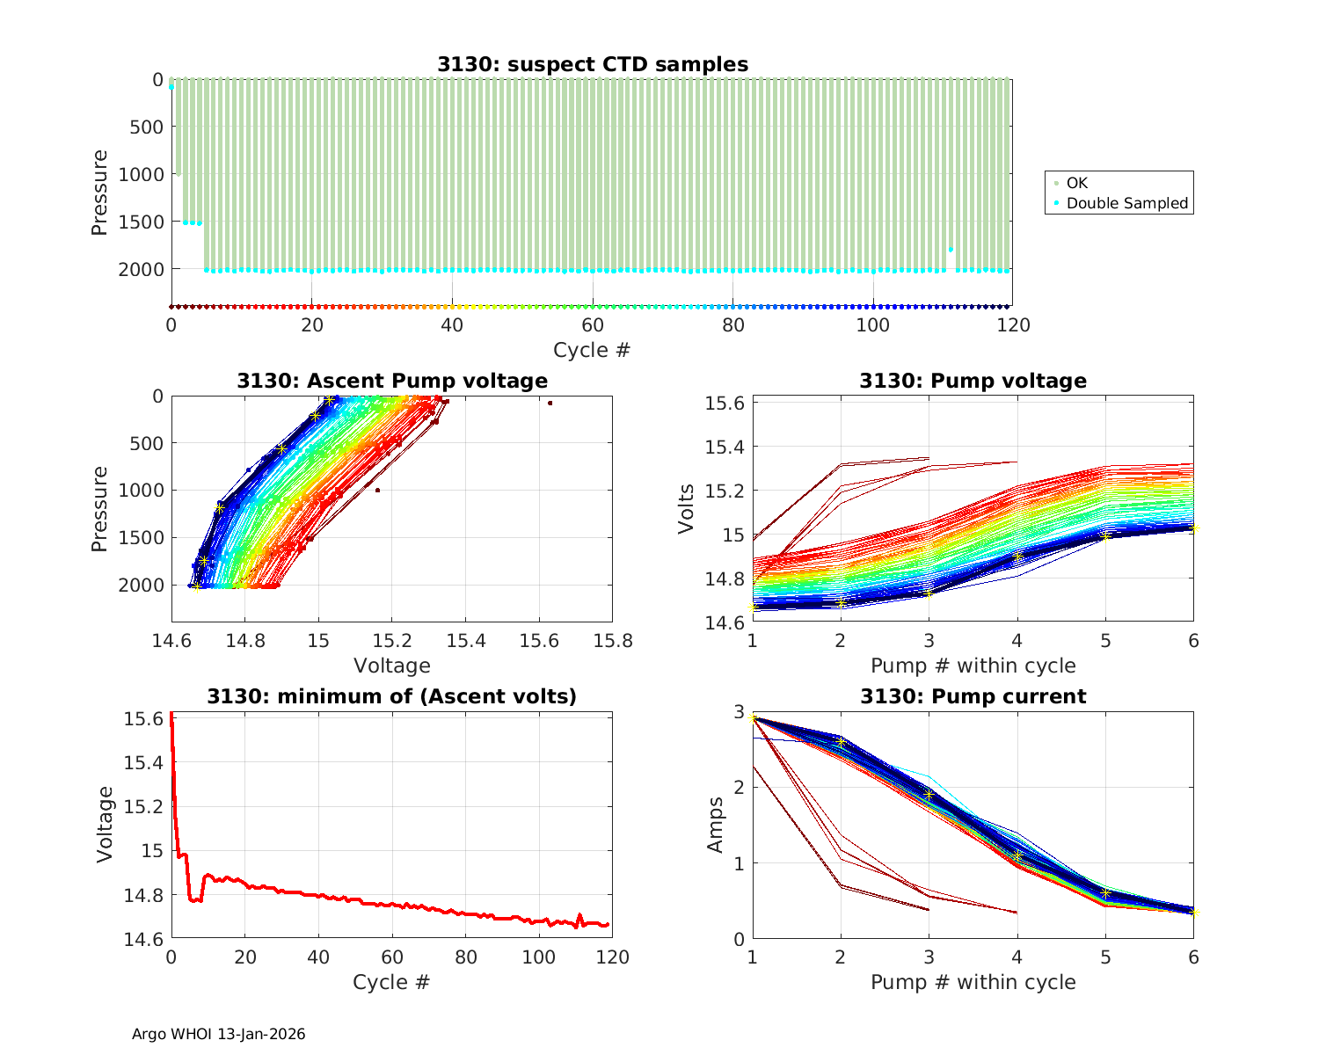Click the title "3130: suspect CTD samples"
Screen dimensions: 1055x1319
point(592,64)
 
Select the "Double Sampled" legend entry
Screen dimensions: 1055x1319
point(1126,203)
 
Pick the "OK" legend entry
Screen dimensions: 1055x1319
point(1076,183)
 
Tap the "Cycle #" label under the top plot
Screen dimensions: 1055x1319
point(592,350)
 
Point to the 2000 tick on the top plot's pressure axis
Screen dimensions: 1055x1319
point(140,269)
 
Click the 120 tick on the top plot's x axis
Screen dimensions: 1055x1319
point(1013,325)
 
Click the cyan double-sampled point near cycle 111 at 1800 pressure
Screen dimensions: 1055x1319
point(951,250)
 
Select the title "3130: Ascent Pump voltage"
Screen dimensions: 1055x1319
point(392,381)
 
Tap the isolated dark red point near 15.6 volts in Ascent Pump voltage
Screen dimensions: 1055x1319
point(550,404)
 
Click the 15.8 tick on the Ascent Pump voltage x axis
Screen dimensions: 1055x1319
point(612,641)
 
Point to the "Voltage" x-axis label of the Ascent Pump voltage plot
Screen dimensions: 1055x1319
point(392,666)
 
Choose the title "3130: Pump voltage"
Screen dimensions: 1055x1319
point(973,381)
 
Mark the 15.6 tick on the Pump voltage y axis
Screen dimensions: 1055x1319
point(725,403)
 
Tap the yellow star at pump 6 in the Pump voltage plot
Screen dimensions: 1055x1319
point(1193,528)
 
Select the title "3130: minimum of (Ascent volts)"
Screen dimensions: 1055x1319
point(392,696)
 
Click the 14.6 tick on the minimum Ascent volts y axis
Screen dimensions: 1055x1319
point(142,940)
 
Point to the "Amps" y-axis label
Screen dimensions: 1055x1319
point(717,825)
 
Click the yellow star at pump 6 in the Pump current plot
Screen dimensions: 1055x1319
point(1193,912)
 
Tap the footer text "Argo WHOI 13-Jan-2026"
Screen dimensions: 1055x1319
point(218,1034)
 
